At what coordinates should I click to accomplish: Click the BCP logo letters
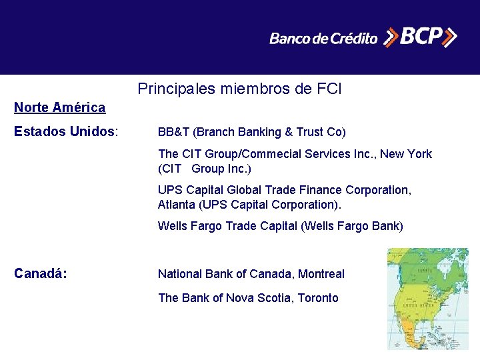tap(419, 37)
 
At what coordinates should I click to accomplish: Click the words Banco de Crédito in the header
tap(323, 39)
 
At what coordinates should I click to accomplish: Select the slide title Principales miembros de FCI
tap(239, 88)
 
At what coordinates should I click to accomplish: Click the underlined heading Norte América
tap(59, 107)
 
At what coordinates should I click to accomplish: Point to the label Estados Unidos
tap(65, 131)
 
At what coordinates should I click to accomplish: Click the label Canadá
tap(40, 273)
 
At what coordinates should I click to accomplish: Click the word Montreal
tap(321, 274)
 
